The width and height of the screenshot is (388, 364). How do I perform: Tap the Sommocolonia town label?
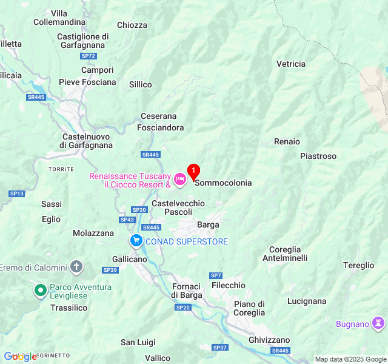pos(222,183)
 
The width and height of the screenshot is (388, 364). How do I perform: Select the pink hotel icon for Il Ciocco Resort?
pos(180,180)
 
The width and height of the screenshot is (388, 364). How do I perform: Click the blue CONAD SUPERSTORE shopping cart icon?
pos(136,241)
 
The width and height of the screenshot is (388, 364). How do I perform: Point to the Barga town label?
pos(208,224)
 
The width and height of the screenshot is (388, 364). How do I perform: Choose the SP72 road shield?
pos(89,56)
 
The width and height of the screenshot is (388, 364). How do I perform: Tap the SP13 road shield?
pos(16,194)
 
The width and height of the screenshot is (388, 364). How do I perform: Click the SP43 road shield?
pos(127,220)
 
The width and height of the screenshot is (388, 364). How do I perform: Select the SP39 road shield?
pos(110,270)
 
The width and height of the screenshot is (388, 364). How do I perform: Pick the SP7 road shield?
pos(216,275)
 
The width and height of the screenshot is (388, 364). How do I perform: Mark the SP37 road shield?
pos(220,348)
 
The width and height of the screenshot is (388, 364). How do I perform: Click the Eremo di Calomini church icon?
pos(76,267)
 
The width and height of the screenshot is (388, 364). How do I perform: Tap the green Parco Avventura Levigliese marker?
pos(41,291)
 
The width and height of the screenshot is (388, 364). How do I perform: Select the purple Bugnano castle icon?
pos(380,323)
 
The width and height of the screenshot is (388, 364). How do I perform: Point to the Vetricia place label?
pos(291,64)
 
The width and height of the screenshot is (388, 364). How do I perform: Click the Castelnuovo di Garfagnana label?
pos(87,141)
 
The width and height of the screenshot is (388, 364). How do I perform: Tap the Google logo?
pos(21,357)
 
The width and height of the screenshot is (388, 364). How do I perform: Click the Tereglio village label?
pos(359,265)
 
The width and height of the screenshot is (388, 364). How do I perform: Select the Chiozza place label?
pos(132,25)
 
